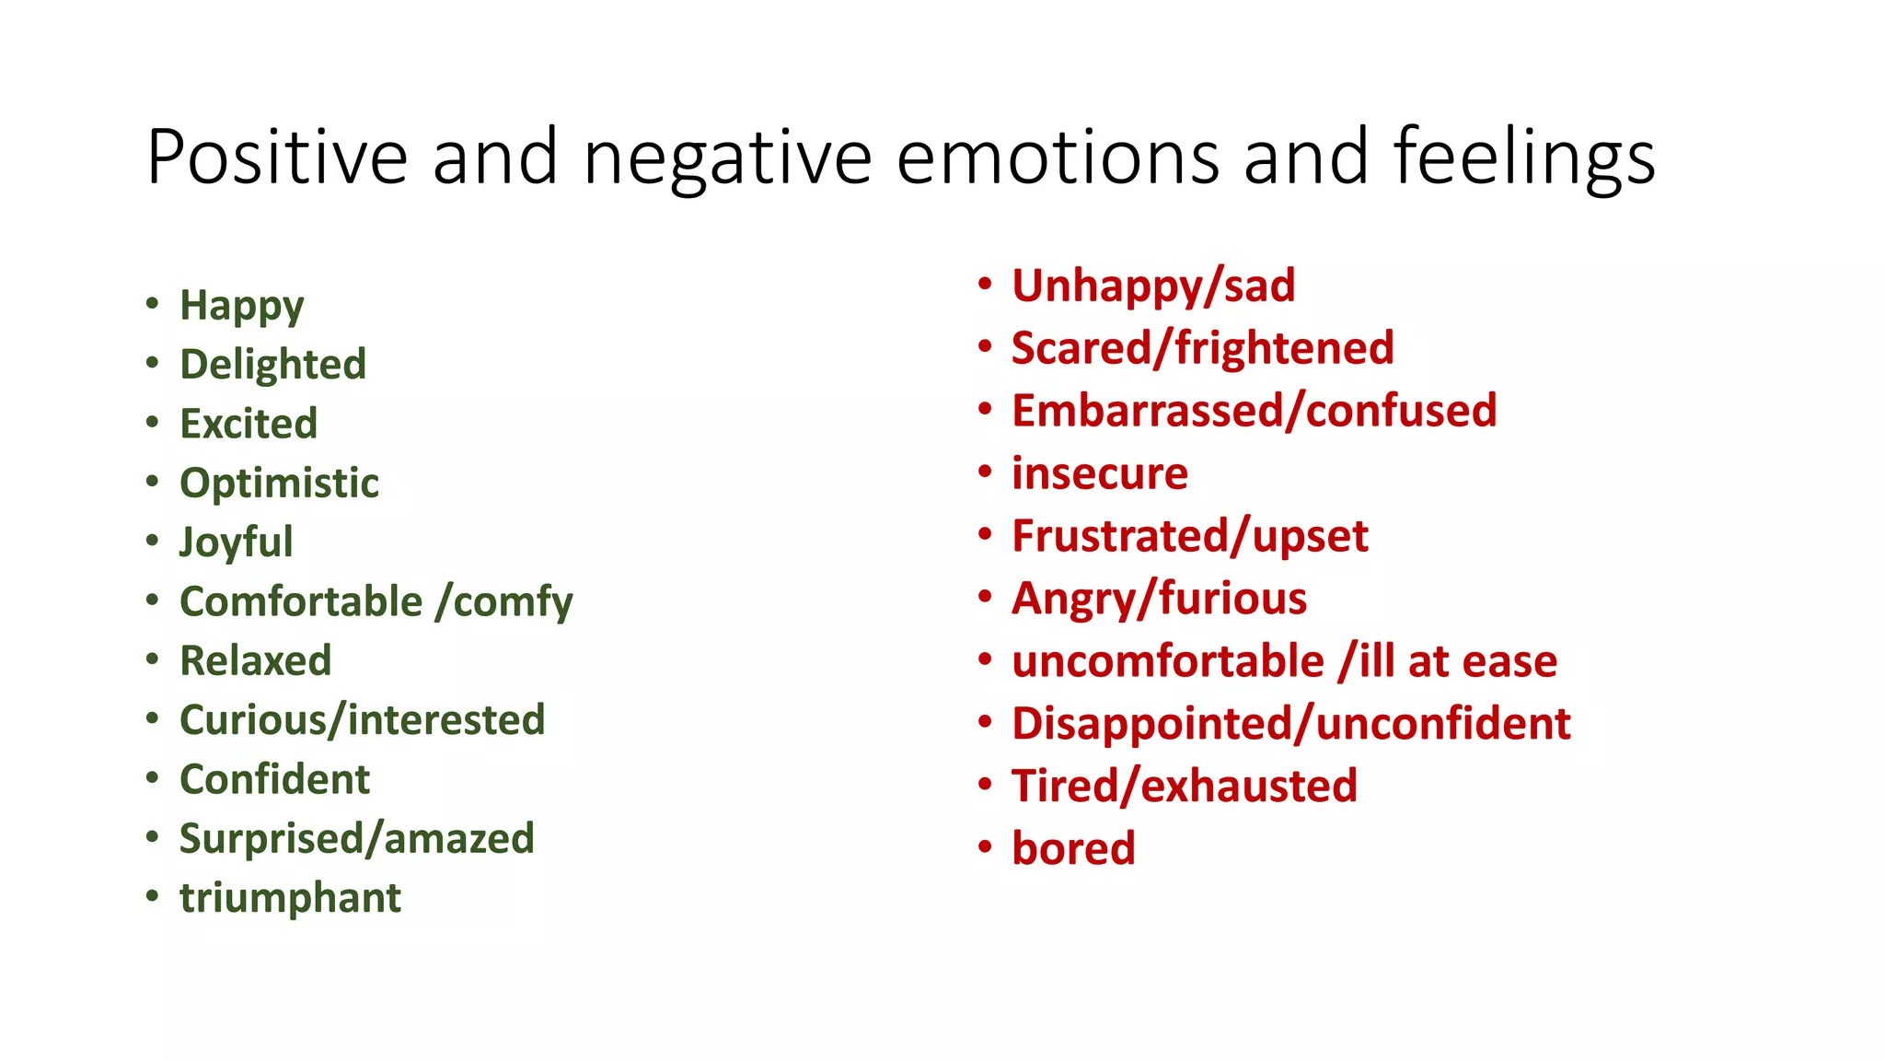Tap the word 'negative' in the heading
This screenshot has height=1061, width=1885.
[727, 158]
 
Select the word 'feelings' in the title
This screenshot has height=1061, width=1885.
[1523, 158]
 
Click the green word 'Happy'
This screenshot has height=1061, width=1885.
[241, 306]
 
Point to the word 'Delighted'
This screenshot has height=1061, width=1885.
[272, 365]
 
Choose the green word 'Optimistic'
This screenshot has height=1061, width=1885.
[279, 484]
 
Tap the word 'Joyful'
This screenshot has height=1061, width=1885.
[236, 542]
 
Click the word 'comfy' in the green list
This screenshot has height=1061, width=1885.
[513, 602]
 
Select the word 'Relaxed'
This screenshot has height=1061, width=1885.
[255, 661]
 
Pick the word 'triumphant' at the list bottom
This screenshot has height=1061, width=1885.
[290, 898]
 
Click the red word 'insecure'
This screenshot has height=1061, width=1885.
[1099, 474]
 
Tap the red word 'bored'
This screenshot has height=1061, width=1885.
[1073, 848]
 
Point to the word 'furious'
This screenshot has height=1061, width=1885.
[1232, 599]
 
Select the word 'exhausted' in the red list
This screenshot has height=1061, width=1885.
[1249, 787]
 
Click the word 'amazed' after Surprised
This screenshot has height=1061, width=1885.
[458, 839]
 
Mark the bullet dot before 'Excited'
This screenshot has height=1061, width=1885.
[153, 423]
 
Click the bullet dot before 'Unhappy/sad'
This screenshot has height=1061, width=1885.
[985, 284]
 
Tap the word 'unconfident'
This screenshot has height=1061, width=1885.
[1443, 724]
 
